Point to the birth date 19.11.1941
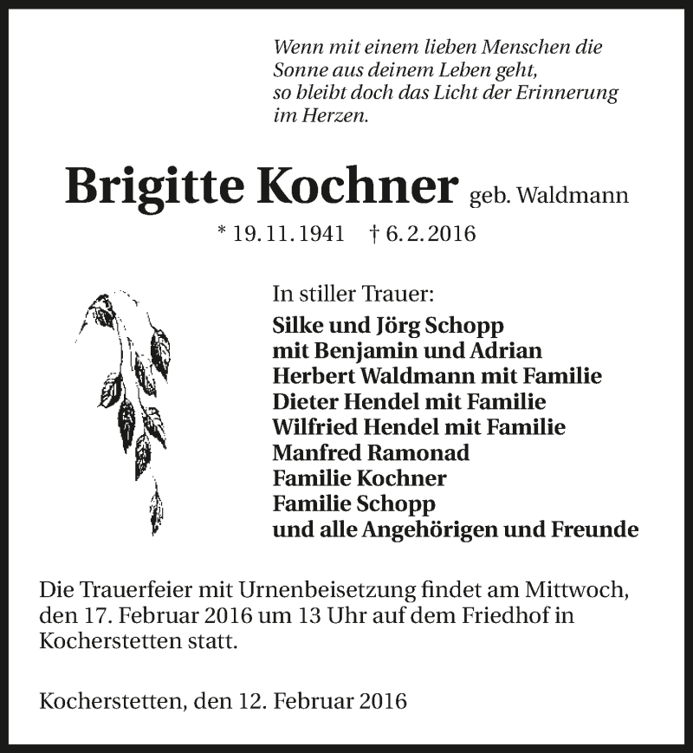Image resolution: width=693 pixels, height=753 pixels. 288,234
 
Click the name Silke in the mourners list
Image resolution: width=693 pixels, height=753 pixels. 296,326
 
